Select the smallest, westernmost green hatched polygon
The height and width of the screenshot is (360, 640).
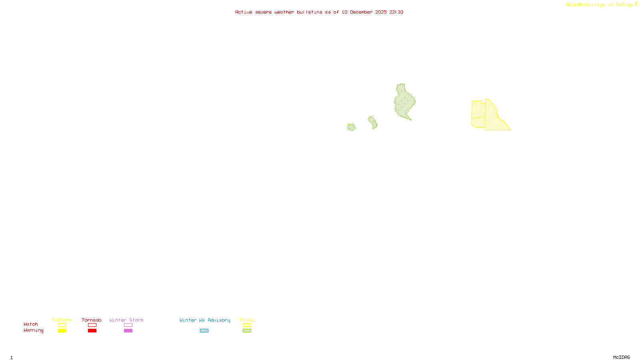(x=351, y=127)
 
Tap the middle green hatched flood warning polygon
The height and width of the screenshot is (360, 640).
(x=373, y=122)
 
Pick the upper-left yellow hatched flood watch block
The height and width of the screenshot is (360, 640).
(x=478, y=109)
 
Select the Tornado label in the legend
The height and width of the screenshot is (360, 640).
(x=92, y=320)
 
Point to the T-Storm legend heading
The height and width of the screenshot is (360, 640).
(x=62, y=320)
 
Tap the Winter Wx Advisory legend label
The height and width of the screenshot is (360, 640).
(x=205, y=320)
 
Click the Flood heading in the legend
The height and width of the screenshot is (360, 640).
(x=247, y=320)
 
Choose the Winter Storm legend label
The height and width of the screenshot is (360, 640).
(x=126, y=320)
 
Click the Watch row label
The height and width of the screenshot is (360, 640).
(x=31, y=324)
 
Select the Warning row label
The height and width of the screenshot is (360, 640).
(x=34, y=330)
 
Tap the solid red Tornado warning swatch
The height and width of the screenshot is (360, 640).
(x=92, y=330)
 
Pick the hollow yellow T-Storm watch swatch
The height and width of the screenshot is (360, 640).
(x=62, y=325)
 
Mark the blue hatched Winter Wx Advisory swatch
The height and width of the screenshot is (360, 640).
(x=204, y=330)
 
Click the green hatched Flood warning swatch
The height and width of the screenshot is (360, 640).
(x=247, y=330)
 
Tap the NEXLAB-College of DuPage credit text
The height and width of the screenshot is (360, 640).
(x=599, y=4)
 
